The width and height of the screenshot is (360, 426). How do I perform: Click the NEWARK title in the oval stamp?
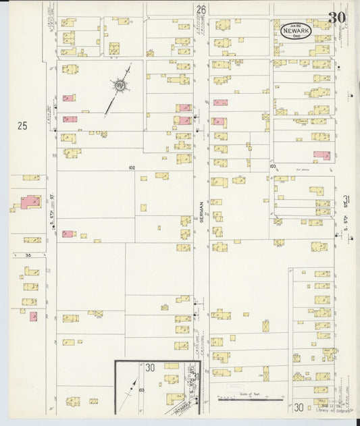[298, 31]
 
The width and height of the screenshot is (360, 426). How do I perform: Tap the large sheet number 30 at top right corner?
[337, 17]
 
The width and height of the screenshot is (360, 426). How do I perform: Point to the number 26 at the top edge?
[201, 9]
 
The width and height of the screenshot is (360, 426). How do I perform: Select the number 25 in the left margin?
[23, 125]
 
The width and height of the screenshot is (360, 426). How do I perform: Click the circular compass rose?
[120, 85]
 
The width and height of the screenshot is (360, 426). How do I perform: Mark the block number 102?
[131, 167]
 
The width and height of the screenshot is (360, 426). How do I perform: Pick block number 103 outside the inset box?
[272, 165]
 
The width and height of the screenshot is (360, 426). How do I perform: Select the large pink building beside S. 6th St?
[30, 202]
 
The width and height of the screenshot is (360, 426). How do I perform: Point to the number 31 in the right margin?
[346, 201]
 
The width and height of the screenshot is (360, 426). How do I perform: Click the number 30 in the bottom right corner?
[298, 408]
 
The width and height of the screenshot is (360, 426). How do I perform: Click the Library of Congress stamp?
[332, 410]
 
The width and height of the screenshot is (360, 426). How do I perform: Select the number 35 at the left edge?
[28, 255]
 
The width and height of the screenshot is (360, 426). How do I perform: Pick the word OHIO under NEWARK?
[298, 37]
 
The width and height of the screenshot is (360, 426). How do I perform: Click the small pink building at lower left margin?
[33, 316]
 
